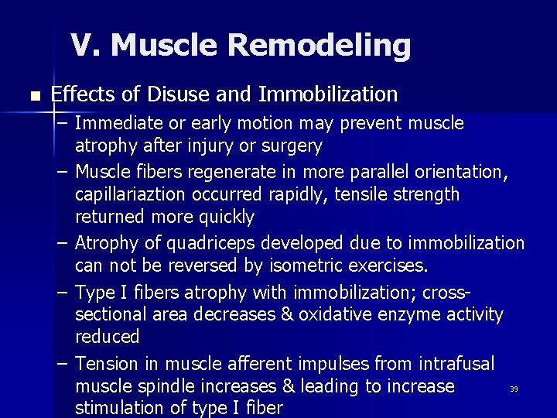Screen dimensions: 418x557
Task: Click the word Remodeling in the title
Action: pyautogui.click(x=320, y=46)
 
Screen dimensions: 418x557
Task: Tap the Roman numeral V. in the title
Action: pyautogui.click(x=87, y=46)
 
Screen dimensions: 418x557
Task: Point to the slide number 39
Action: pyautogui.click(x=514, y=389)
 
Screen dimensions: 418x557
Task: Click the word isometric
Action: pyautogui.click(x=297, y=267)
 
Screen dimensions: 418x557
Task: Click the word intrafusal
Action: pyautogui.click(x=456, y=364)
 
